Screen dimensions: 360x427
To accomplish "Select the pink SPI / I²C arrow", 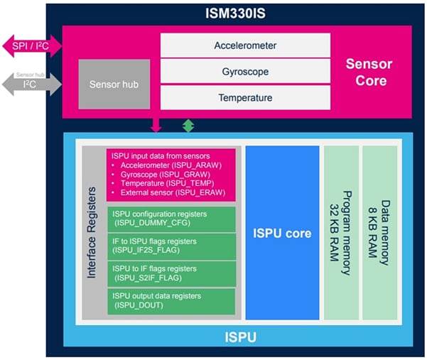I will (31, 47).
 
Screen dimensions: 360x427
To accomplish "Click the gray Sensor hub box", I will (109, 84).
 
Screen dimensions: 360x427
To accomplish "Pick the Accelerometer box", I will (245, 45).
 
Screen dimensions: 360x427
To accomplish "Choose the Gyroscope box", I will (245, 71).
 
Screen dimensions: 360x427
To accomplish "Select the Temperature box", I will (245, 97).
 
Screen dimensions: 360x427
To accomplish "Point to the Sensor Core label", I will (369, 72).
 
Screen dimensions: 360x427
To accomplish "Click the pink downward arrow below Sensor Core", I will (156, 125).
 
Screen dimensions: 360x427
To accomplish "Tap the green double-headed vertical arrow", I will (188, 125).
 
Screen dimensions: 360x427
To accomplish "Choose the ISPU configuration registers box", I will (171, 218).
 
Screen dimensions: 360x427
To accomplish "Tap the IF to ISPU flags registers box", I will (171, 246).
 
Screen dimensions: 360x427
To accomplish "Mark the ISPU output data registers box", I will (171, 300).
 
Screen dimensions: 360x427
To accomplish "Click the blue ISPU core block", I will (282, 233).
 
